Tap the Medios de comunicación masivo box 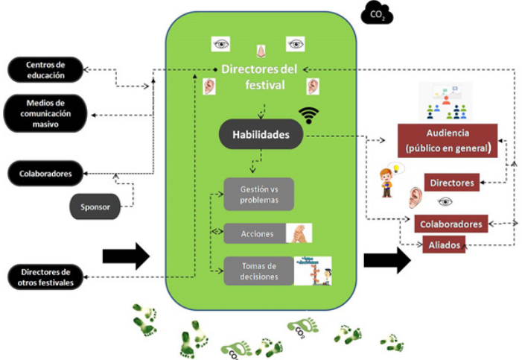45,113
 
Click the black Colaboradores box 45,173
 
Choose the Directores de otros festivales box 45,277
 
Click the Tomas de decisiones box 258,271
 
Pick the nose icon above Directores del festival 261,51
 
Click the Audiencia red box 447,140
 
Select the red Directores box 451,182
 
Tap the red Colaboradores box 451,223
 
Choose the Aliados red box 443,244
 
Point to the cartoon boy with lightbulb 386,181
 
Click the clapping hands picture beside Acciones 299,233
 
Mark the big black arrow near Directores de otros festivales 126,256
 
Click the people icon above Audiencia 445,101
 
